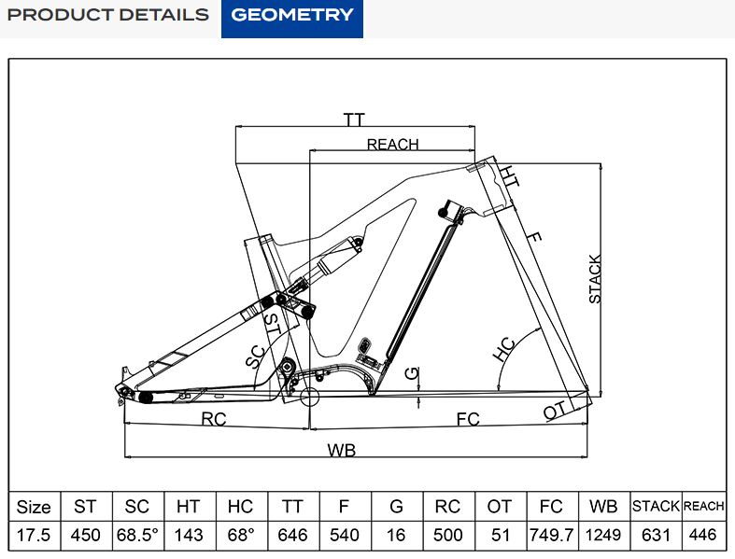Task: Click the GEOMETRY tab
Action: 292,15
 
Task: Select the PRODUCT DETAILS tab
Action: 108,15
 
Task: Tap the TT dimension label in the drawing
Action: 353,120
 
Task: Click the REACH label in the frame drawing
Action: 392,145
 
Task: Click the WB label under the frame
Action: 342,451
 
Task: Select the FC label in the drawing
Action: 468,420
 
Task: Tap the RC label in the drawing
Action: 214,420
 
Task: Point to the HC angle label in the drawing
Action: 504,349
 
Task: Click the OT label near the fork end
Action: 555,411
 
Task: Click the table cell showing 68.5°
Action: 136,536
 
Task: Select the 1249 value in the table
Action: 603,536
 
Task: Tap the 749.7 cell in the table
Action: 552,536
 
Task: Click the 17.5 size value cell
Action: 34,536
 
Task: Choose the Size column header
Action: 34,507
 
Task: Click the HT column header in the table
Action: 188,507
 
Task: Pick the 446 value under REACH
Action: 703,536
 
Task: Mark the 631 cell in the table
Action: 655,536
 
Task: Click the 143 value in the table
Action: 188,536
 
